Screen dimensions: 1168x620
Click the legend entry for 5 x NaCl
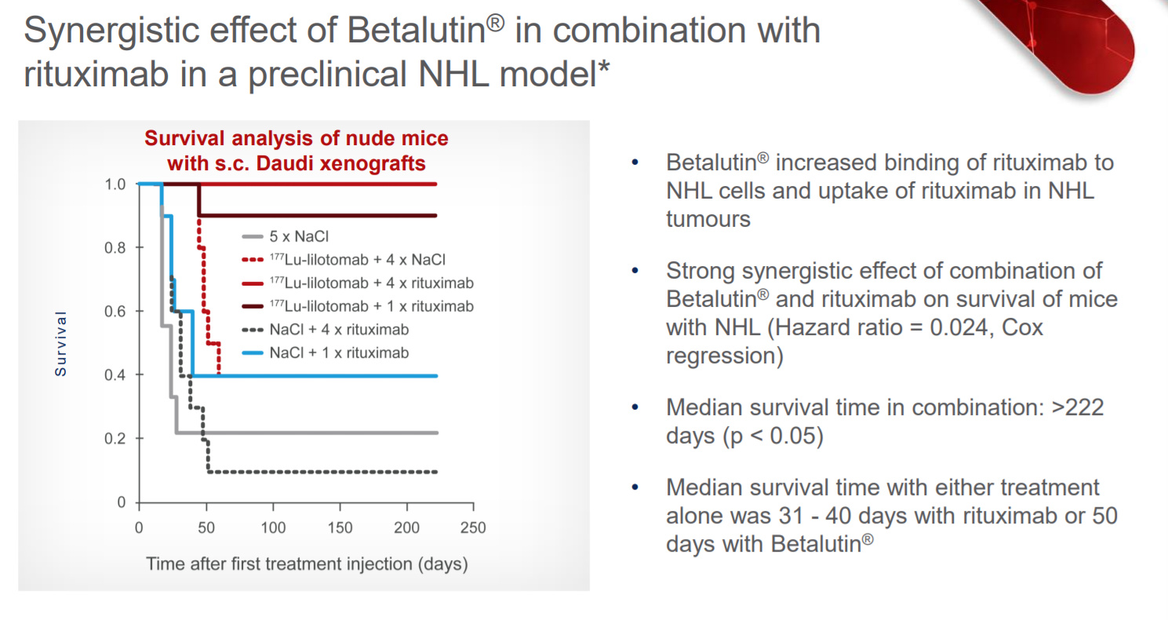tap(286, 236)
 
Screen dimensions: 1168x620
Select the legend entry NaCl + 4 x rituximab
tap(326, 330)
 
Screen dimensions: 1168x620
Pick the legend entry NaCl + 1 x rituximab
tap(326, 353)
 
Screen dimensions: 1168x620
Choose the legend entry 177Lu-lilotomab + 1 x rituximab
tap(358, 306)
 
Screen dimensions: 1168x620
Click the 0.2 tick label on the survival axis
tap(115, 439)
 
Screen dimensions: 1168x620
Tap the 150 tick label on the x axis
tap(340, 527)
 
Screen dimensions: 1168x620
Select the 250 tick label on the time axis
tap(473, 527)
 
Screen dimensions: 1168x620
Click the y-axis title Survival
tap(61, 344)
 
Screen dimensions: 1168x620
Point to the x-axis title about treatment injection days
tap(307, 564)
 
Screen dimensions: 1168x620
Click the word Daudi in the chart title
tap(286, 163)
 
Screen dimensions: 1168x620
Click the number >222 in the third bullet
tap(1077, 407)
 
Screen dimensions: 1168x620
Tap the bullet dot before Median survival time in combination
tap(635, 407)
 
